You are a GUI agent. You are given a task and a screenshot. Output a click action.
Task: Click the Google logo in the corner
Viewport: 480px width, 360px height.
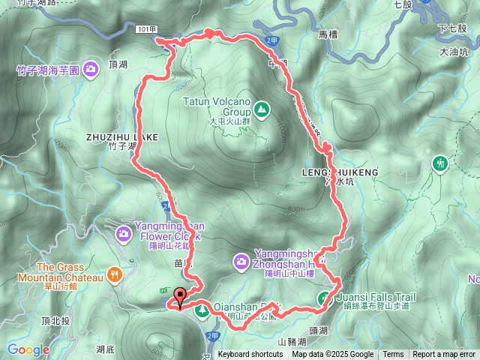point(28,349)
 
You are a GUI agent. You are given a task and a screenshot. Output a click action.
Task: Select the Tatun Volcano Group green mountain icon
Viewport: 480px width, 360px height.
point(261,110)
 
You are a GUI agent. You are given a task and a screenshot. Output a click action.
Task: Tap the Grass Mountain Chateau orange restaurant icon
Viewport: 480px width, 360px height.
point(114,274)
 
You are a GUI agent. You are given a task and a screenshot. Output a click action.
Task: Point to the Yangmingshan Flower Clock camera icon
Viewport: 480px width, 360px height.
point(123,235)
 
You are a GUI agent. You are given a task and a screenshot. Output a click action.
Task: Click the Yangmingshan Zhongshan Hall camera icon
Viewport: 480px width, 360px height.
point(241,262)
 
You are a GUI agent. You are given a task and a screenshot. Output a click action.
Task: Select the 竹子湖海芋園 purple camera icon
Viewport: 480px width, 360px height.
point(91,70)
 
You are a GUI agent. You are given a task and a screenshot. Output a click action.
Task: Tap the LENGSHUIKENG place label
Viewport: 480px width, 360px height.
point(340,172)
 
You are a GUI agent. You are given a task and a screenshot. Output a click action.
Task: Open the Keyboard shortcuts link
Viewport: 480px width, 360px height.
point(250,355)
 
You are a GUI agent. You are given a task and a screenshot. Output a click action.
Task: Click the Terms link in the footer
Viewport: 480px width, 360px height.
point(393,355)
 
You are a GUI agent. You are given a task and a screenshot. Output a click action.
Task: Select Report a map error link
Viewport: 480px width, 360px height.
point(444,355)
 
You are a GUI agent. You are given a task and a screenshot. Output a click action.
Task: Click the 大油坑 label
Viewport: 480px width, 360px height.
point(454,52)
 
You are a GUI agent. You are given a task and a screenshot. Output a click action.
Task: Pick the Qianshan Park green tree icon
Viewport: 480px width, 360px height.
point(202,310)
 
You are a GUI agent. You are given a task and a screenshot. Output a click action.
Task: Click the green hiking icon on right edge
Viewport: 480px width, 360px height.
point(439,162)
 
